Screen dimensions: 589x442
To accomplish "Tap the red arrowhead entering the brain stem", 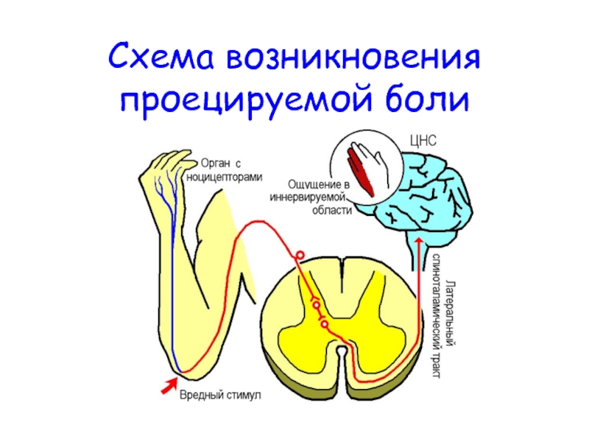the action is coord(420,245).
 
